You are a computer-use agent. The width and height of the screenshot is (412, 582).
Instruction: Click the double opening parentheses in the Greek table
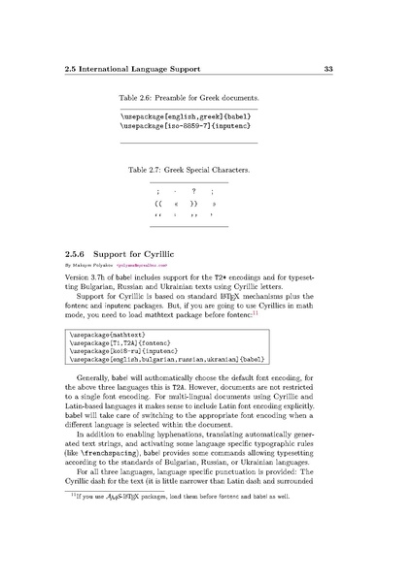tap(158, 205)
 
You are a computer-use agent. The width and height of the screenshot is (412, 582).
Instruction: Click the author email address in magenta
tap(143, 264)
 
